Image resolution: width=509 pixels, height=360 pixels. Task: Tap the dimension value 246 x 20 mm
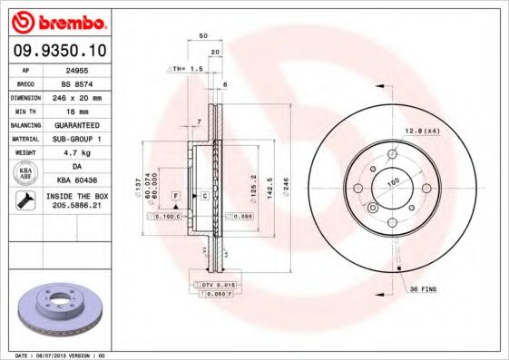point(76,96)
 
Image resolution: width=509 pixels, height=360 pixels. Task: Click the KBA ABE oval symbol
point(26,173)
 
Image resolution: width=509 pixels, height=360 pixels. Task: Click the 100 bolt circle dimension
point(393,182)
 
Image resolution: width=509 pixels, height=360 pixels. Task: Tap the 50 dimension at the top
point(204,36)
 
